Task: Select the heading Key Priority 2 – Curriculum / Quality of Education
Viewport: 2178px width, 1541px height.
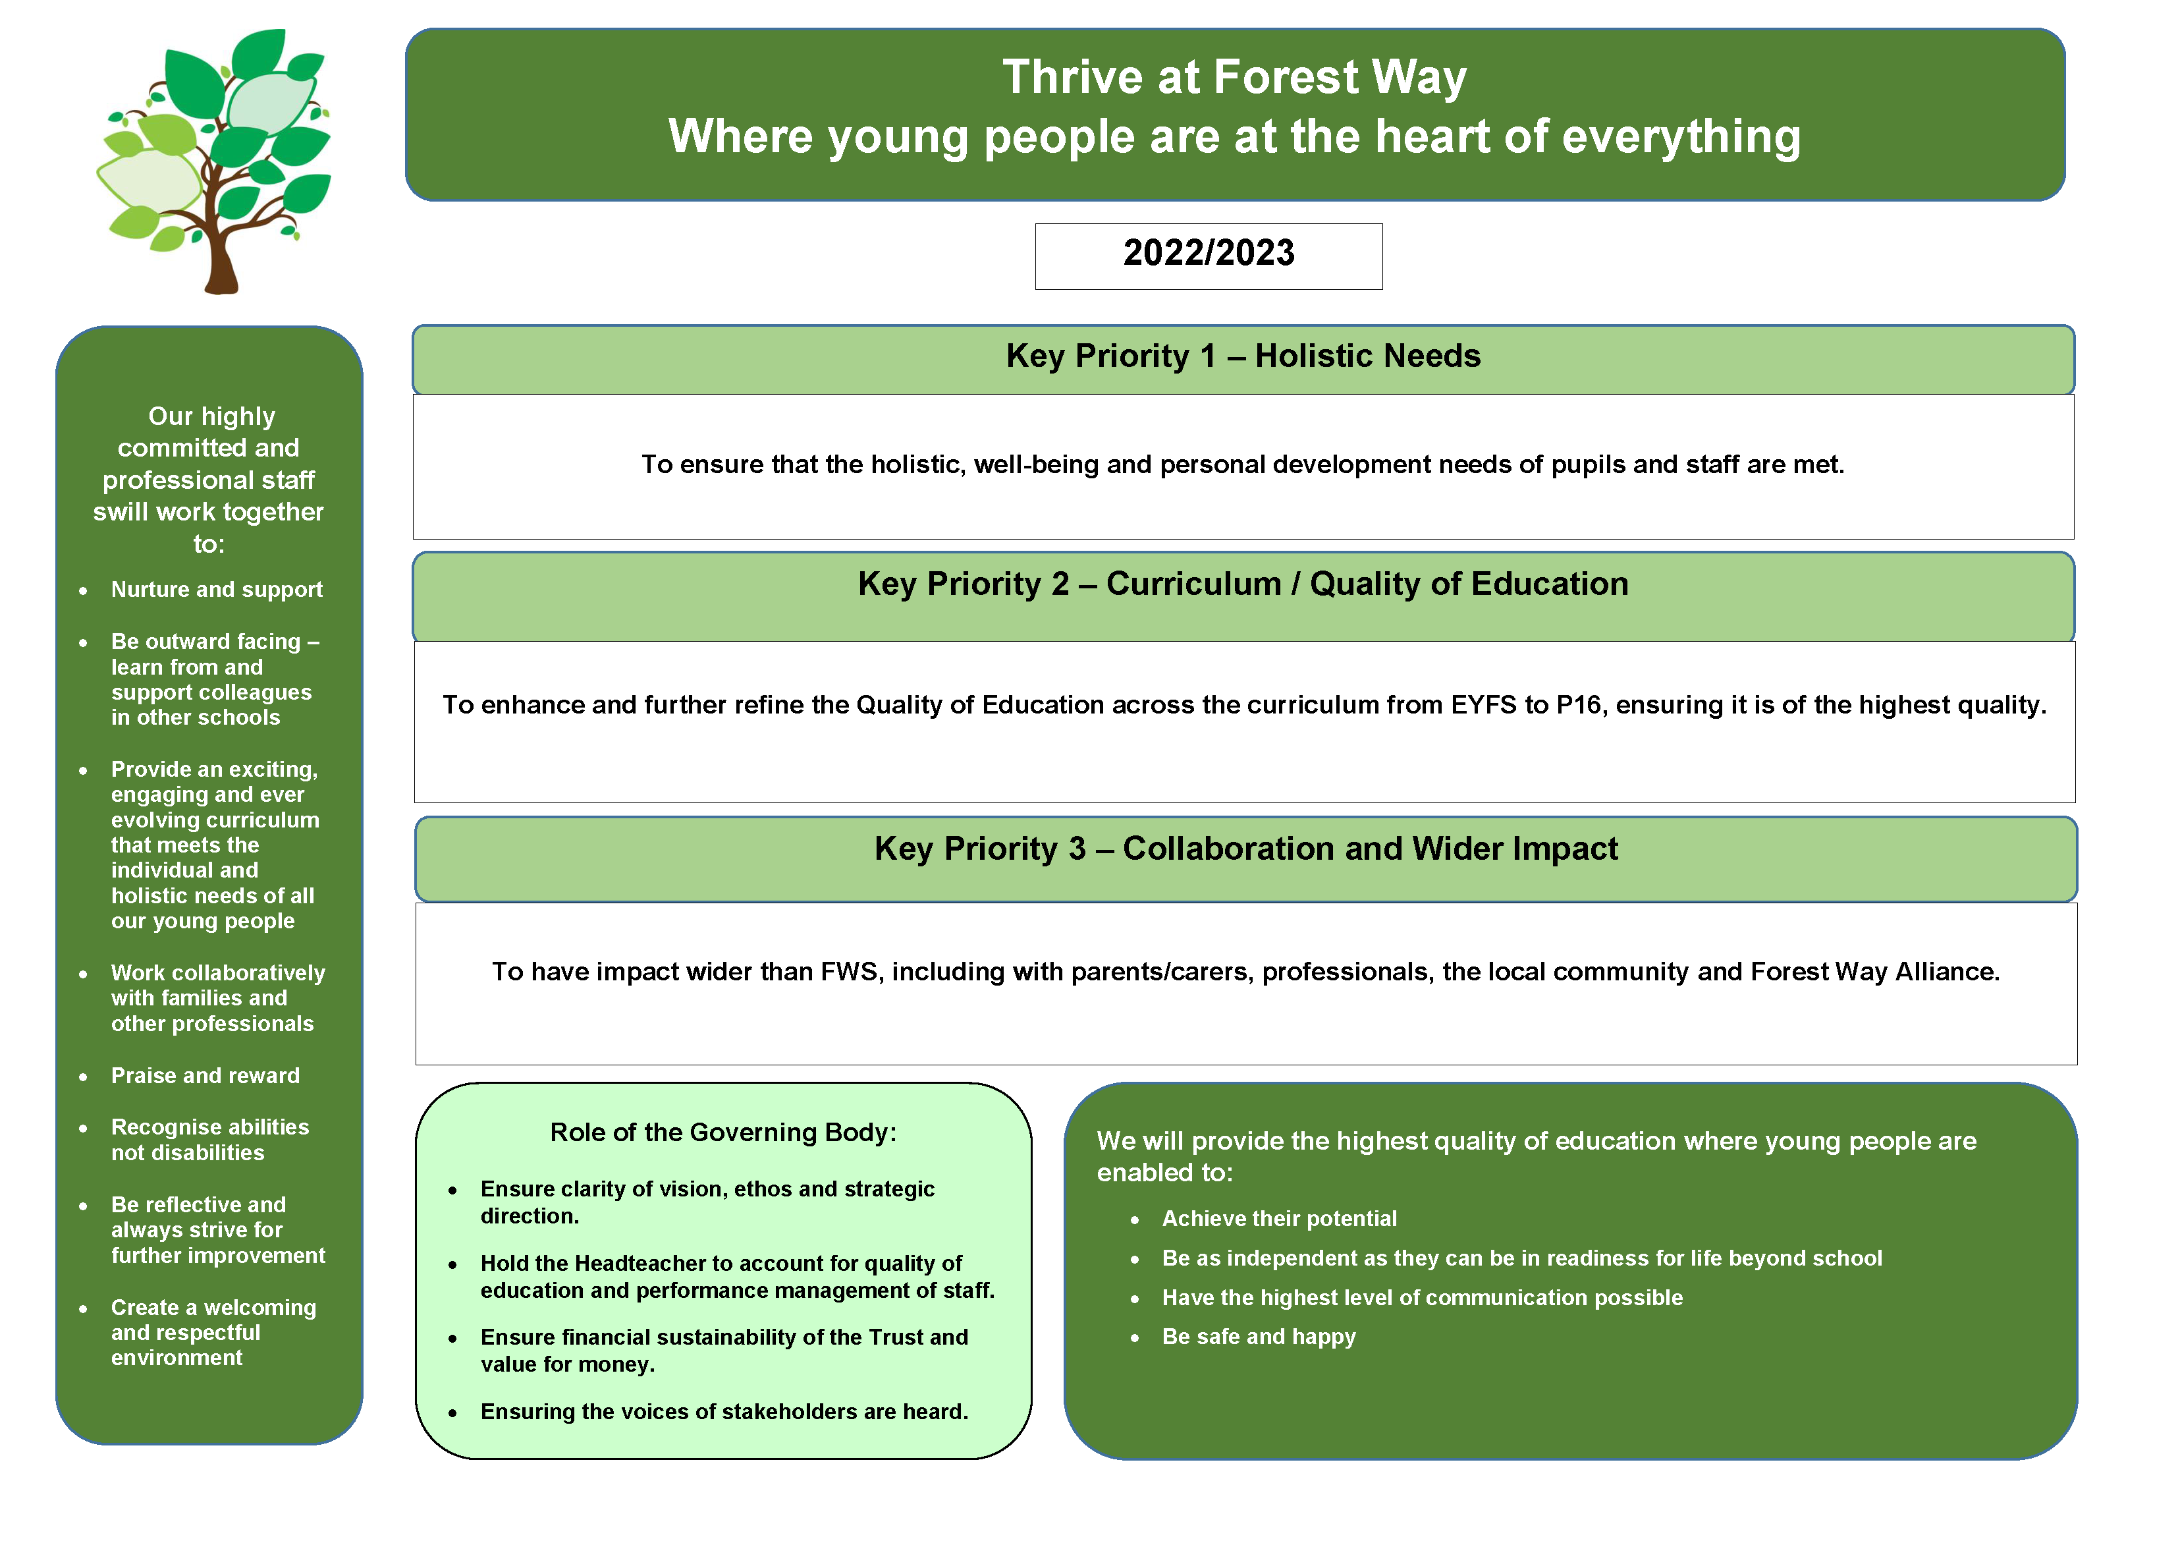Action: [1243, 584]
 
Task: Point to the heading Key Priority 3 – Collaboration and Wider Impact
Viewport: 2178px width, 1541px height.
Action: [1245, 849]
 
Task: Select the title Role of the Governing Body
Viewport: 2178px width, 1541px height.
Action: [723, 1133]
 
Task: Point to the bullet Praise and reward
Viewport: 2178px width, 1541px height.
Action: [205, 1076]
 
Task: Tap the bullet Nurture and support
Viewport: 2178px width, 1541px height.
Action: [216, 590]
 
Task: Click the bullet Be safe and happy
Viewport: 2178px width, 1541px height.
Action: [1258, 1337]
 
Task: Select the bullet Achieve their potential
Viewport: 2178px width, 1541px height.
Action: [1279, 1219]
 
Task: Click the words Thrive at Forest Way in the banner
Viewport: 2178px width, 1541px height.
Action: [1234, 78]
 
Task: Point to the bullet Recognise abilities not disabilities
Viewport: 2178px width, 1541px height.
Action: [209, 1140]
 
